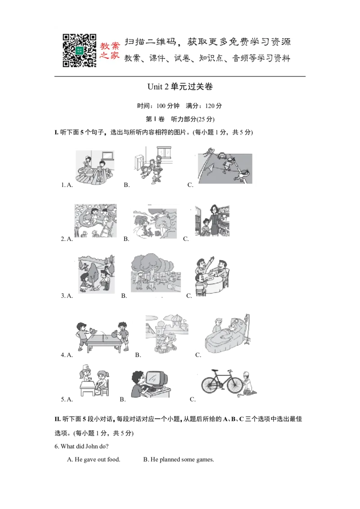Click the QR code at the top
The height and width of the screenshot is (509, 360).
[x=79, y=50]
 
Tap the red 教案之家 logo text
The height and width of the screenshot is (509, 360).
[x=110, y=51]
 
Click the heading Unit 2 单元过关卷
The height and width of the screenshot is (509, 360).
[x=180, y=87]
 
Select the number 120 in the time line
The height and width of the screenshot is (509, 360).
[x=210, y=106]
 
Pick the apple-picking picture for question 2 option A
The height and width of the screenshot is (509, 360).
[x=95, y=221]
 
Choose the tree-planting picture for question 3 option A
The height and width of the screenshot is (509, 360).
[x=96, y=274]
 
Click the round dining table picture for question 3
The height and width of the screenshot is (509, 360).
[x=212, y=276]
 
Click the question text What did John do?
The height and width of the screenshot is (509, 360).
[x=81, y=446]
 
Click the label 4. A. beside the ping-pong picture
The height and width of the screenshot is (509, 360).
[x=67, y=355]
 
